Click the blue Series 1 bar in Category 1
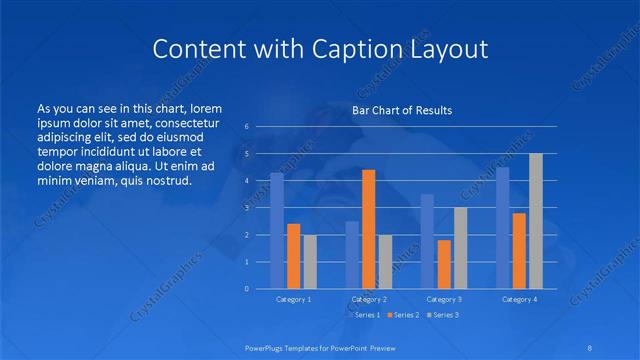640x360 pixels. tap(277, 231)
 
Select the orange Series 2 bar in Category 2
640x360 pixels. tap(369, 229)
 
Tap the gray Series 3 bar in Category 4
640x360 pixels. tap(536, 221)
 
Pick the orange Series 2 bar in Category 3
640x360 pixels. tap(444, 264)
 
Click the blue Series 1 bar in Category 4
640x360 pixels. tap(503, 228)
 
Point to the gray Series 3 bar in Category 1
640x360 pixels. tap(310, 262)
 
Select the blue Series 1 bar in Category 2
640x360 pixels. tap(352, 255)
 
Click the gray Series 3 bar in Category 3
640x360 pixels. tap(460, 248)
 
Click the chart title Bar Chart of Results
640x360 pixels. tap(401, 110)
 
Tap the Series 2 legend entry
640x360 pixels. tap(403, 315)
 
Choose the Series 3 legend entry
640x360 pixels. tap(444, 315)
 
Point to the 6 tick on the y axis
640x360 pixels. tap(246, 127)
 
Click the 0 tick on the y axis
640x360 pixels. tap(246, 289)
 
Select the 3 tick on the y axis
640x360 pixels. tap(246, 208)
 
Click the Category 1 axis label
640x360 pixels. tap(293, 299)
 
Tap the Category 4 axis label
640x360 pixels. tap(519, 299)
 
